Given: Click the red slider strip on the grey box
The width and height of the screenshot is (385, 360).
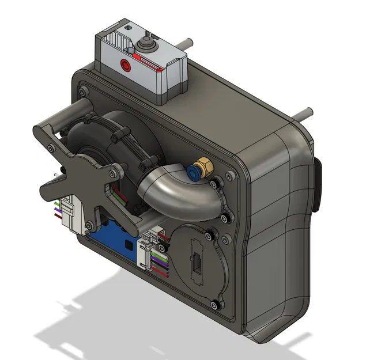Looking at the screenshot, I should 152,65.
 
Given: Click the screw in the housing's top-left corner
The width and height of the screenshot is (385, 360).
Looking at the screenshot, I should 84,90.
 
